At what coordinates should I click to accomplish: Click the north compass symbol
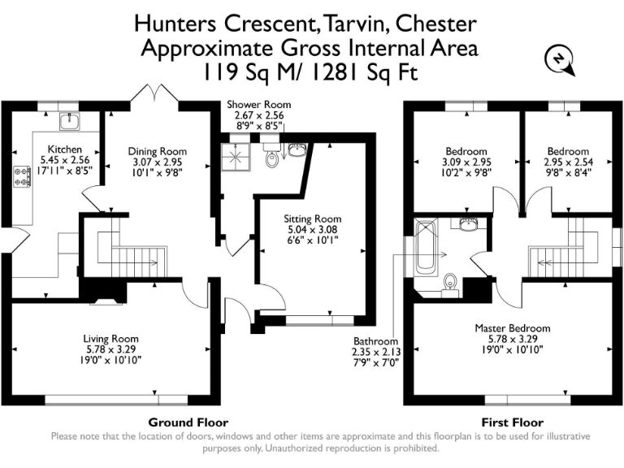tap(558, 61)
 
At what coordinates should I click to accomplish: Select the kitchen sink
tap(70, 122)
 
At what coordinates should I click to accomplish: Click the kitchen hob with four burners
tap(19, 178)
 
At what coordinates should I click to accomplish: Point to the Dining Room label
tap(158, 151)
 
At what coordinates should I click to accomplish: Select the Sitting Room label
tap(312, 219)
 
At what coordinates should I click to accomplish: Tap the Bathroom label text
tap(375, 341)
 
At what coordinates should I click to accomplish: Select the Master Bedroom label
tap(512, 328)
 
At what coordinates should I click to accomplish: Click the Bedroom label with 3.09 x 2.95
tap(466, 151)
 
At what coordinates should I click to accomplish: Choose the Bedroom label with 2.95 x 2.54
tap(567, 151)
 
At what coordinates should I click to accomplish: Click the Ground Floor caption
tap(188, 422)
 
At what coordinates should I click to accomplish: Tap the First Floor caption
tap(511, 422)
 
